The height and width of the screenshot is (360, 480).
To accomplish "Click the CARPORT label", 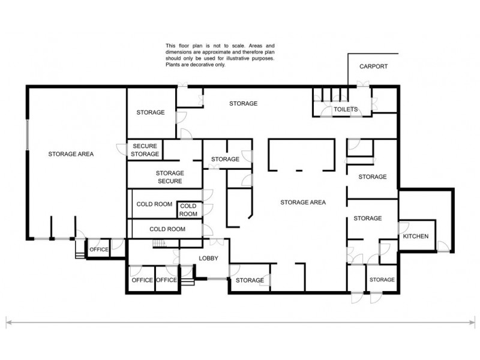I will pyautogui.click(x=373, y=67).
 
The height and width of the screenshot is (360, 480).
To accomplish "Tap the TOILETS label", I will pyautogui.click(x=346, y=109).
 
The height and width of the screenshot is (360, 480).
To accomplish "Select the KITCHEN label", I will pyautogui.click(x=416, y=236).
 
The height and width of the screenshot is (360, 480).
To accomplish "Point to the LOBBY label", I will pyautogui.click(x=208, y=259).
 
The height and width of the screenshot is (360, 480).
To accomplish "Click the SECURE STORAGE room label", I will pyautogui.click(x=146, y=150).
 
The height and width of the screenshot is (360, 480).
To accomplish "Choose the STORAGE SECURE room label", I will pyautogui.click(x=170, y=177).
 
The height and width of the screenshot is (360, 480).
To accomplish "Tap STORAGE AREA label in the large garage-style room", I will pyautogui.click(x=71, y=154).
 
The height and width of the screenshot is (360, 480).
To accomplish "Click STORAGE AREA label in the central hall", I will pyautogui.click(x=303, y=202).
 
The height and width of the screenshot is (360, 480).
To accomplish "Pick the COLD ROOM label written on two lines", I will pyautogui.click(x=188, y=210).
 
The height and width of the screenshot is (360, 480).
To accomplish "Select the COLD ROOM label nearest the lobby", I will pyautogui.click(x=167, y=229).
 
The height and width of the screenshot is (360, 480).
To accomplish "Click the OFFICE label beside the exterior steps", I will pyautogui.click(x=98, y=250).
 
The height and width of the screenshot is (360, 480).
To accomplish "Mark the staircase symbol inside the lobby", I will pyautogui.click(x=159, y=243).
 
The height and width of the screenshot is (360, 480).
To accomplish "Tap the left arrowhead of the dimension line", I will pyautogui.click(x=8, y=323).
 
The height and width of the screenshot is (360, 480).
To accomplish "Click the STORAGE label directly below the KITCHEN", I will pyautogui.click(x=382, y=280).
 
